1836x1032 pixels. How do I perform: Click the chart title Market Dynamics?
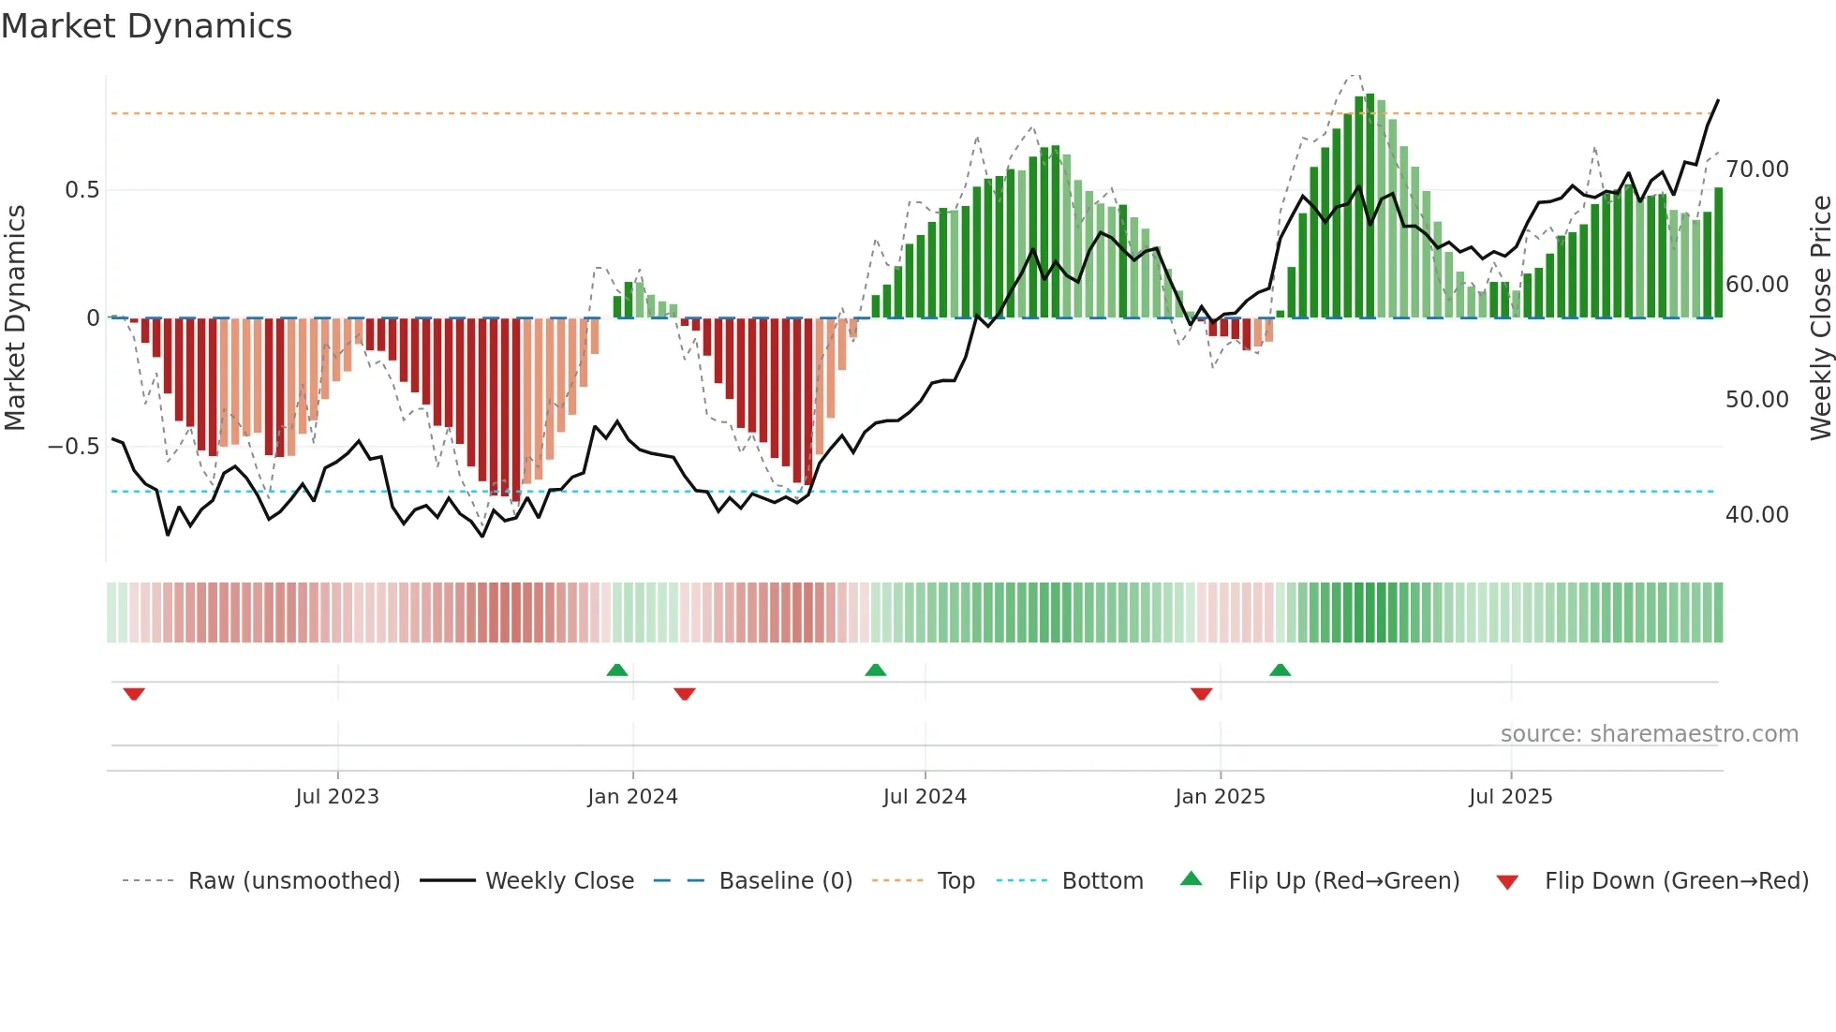pyautogui.click(x=146, y=26)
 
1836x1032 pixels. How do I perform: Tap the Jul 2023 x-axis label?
pyautogui.click(x=337, y=796)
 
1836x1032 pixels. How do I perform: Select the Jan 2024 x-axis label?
pyautogui.click(x=632, y=796)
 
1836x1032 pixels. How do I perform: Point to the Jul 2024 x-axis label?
pyautogui.click(x=925, y=796)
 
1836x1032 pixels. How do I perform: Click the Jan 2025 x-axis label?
pyautogui.click(x=1220, y=796)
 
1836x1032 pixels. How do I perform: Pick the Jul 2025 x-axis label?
pyautogui.click(x=1510, y=796)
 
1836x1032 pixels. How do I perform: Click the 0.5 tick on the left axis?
pyautogui.click(x=81, y=190)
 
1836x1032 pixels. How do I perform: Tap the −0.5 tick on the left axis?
pyautogui.click(x=74, y=447)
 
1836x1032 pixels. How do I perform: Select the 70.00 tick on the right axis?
pyautogui.click(x=1756, y=170)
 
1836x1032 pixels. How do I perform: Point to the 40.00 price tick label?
pyautogui.click(x=1756, y=515)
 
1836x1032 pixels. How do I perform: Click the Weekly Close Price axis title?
pyautogui.click(x=1820, y=317)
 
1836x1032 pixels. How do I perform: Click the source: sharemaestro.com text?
pyautogui.click(x=1649, y=734)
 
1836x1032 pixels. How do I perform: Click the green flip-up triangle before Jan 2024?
pyautogui.click(x=616, y=670)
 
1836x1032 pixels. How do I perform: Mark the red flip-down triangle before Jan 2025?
pyautogui.click(x=1201, y=694)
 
